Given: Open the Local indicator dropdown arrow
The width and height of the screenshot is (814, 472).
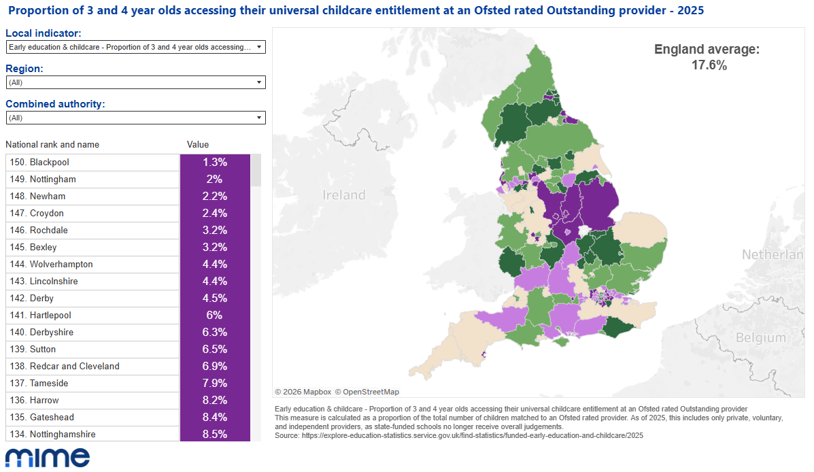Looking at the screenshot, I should [x=259, y=47].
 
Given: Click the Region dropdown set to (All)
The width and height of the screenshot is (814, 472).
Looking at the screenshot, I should [x=135, y=82].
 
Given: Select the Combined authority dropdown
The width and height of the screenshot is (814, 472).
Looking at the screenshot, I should [x=135, y=118].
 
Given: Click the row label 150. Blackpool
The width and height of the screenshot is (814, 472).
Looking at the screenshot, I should [x=49, y=163].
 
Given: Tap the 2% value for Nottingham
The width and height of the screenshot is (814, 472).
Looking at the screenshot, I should [x=214, y=180].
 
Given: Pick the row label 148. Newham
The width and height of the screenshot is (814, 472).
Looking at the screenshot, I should [x=48, y=197].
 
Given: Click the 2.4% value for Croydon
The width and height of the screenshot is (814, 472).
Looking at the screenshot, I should [x=214, y=214].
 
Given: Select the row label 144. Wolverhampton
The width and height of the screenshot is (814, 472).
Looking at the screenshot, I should [x=61, y=265].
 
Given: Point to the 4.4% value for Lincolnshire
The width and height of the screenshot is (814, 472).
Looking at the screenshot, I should [x=214, y=282].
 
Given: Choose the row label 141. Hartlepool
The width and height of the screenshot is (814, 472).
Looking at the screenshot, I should [x=50, y=316].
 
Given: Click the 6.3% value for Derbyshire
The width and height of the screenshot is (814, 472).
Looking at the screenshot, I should [x=214, y=333].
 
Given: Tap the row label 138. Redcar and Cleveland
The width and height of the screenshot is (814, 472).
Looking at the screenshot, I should [x=74, y=367].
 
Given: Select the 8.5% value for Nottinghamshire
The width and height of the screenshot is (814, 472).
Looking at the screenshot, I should [x=214, y=435].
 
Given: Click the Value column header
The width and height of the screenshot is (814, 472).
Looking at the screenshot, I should [x=198, y=145].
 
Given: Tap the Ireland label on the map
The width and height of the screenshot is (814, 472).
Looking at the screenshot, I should [x=343, y=195].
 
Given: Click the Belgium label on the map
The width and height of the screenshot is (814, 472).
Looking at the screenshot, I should [x=760, y=338].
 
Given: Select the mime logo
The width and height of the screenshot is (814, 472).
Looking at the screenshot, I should [x=47, y=458].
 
